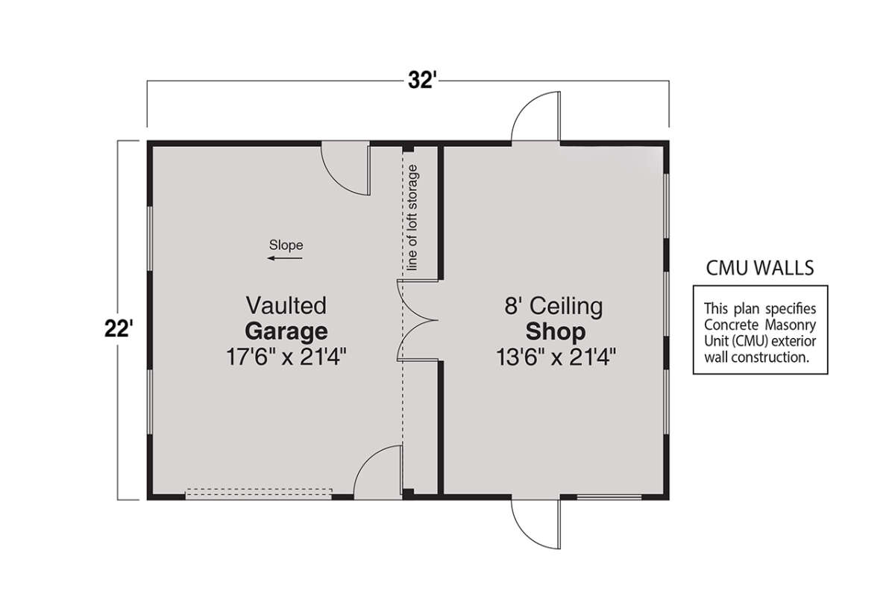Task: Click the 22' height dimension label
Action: tap(119, 329)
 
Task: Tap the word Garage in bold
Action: tap(286, 331)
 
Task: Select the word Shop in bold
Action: tap(556, 331)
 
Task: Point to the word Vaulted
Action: tap(286, 305)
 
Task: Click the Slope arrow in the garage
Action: tap(285, 258)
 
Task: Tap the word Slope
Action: tap(286, 245)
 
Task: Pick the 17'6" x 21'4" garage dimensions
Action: tap(286, 357)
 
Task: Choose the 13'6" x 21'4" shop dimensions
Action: tap(556, 357)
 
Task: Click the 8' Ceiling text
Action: tap(553, 306)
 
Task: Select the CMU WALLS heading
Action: tap(760, 268)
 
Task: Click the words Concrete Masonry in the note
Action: tap(760, 325)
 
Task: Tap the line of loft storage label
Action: tap(412, 217)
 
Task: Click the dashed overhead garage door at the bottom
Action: tap(259, 493)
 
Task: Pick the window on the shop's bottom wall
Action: tap(609, 497)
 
